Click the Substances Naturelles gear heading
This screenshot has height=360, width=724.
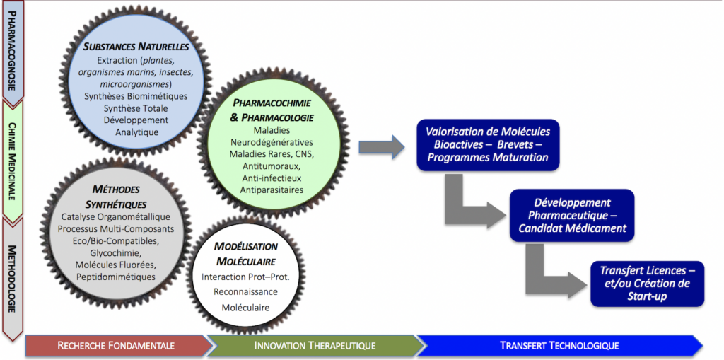136,47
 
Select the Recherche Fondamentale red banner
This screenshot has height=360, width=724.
117,346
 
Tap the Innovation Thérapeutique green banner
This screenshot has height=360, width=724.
315,346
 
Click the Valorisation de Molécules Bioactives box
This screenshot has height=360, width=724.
488,145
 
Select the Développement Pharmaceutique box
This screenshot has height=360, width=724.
571,215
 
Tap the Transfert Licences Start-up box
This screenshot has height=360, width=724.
647,284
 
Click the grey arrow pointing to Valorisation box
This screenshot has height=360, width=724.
382,147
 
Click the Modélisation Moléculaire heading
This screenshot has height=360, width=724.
245,254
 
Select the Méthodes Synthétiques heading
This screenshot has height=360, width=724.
116,197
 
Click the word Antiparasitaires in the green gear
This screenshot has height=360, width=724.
271,190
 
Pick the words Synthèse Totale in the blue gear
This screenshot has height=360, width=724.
136,108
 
